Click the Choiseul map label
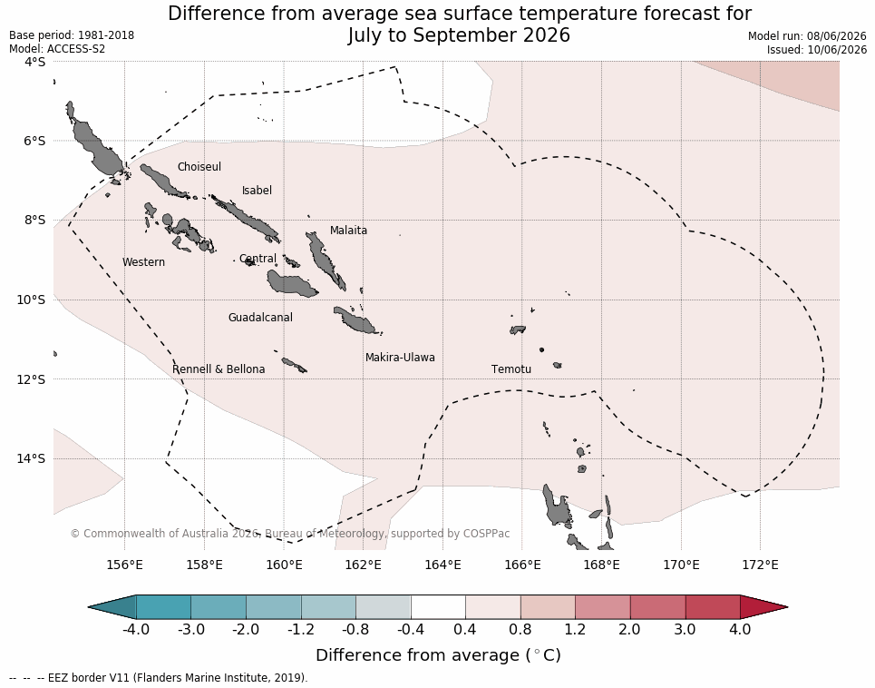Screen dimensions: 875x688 [199, 167]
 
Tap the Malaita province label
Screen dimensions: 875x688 [348, 230]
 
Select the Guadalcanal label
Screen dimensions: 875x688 [260, 317]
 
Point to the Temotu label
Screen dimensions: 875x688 [511, 369]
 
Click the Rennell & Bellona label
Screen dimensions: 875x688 [219, 369]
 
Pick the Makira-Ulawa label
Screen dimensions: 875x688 [400, 358]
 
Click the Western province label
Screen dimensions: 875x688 [143, 262]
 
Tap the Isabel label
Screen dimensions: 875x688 [257, 191]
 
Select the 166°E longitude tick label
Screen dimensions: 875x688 [523, 565]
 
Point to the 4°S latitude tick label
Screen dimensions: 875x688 [34, 62]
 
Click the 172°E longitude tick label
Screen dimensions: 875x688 [761, 565]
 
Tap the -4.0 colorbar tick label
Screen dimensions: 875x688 [136, 629]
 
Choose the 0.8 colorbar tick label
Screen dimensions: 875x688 [520, 629]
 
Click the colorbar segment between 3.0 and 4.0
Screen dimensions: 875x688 [713, 607]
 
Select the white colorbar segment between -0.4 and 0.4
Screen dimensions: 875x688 [438, 607]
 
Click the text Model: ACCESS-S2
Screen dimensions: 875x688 [57, 49]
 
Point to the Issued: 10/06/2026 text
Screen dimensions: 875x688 [816, 49]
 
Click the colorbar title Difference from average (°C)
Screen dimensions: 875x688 [438, 655]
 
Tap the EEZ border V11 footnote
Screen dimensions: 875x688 [159, 677]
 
